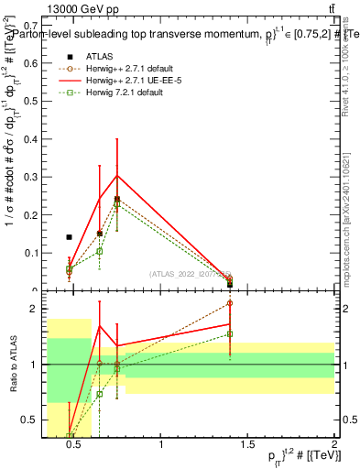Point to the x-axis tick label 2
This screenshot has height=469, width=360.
click(x=333, y=449)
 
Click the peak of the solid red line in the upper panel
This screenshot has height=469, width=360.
click(x=116, y=175)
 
